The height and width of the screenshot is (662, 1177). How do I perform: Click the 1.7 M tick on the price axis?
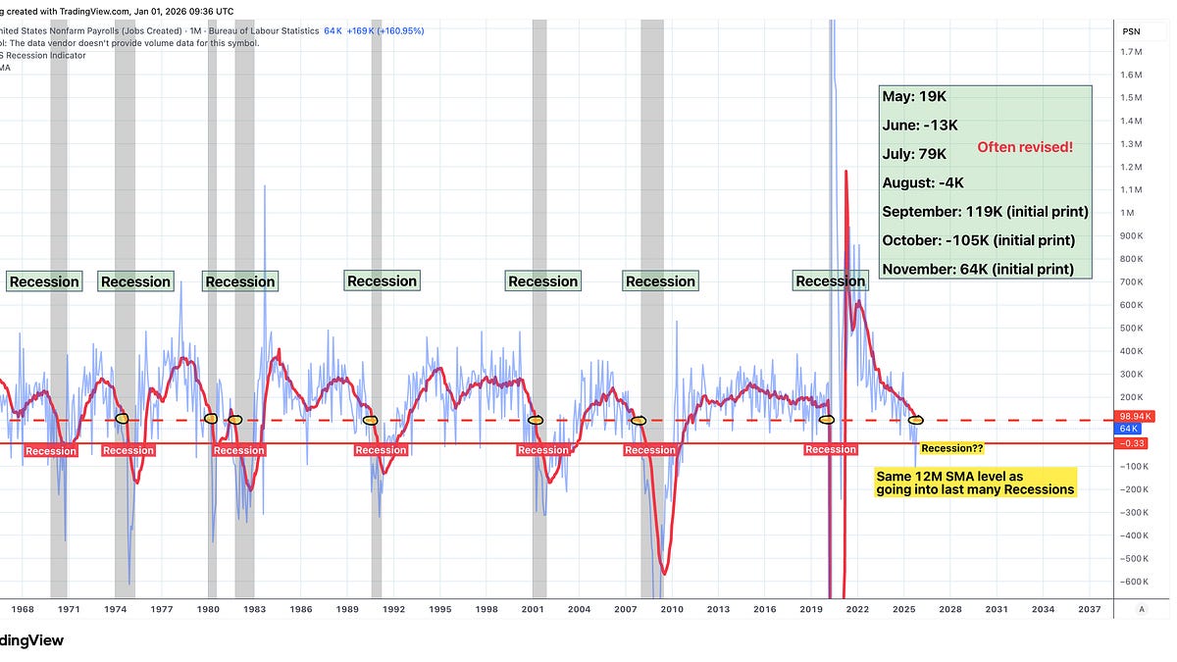coord(1130,51)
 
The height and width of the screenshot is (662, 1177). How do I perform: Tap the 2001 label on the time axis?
coord(533,609)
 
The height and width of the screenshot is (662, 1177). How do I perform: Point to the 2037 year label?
coord(1089,609)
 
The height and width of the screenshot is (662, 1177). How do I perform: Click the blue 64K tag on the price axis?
coord(1130,430)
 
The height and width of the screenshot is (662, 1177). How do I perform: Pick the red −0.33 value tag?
coord(1134,442)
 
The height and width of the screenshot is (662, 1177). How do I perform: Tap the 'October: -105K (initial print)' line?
coord(978,240)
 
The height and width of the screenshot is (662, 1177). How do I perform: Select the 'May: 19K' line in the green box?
coord(914,97)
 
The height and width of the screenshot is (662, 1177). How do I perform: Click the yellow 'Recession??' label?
coord(951,448)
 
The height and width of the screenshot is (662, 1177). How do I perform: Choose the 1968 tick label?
coord(22,609)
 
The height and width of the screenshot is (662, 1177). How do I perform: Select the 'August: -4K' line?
coord(923,182)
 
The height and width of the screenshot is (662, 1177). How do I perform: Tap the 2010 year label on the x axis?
coord(672,609)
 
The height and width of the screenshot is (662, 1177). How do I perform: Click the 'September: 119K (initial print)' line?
coord(985,212)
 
